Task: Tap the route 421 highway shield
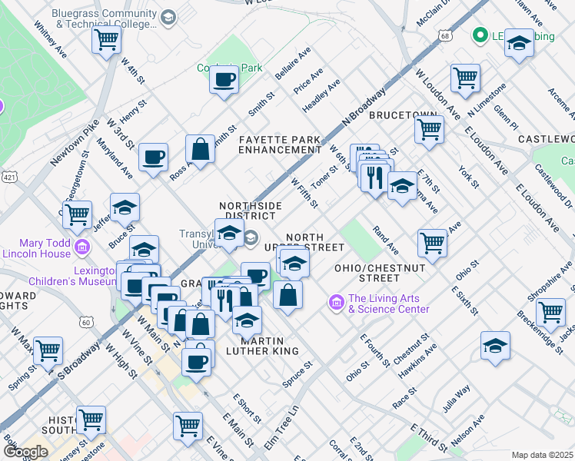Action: pyautogui.click(x=7, y=176)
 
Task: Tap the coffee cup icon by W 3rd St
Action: pyautogui.click(x=153, y=158)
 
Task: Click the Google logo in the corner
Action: pyautogui.click(x=25, y=452)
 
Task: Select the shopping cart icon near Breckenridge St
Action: pyautogui.click(x=550, y=312)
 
